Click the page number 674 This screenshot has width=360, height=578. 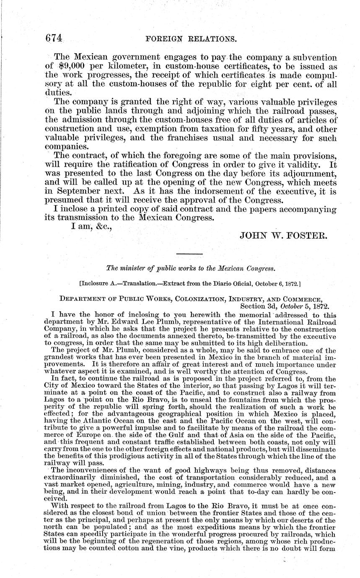[54, 38]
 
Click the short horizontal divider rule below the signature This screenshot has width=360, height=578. [189, 254]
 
